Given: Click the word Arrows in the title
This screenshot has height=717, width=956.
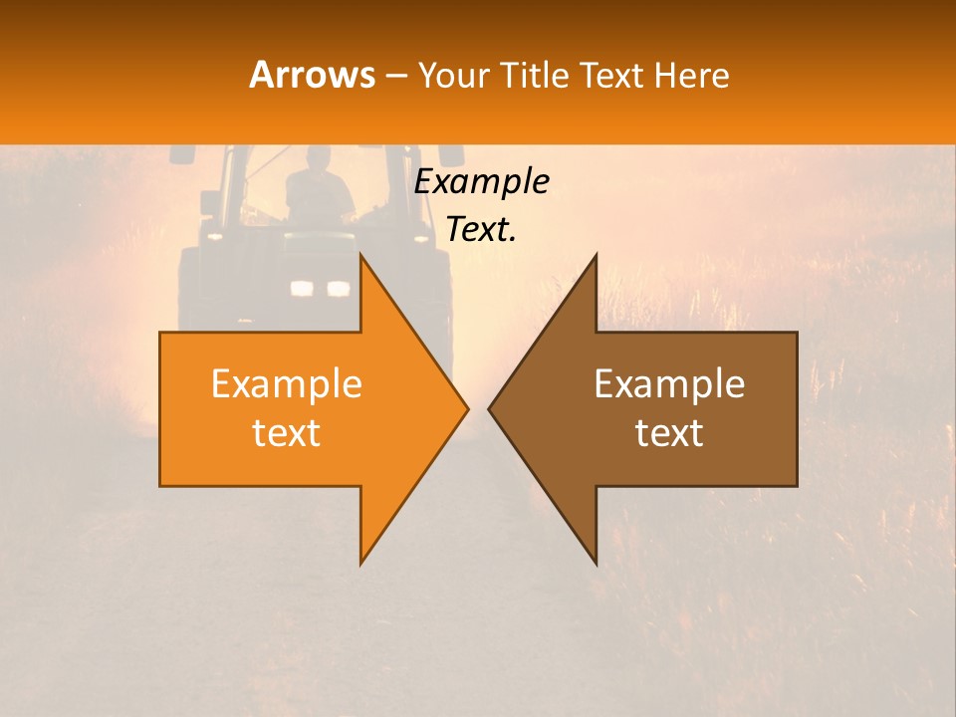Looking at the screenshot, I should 313,75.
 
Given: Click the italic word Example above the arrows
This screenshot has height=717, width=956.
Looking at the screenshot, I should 481,182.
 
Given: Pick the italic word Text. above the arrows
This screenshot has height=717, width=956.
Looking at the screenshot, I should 481,230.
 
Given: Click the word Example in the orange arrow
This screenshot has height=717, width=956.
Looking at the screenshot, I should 287,384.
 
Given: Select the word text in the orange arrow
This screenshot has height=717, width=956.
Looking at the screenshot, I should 287,433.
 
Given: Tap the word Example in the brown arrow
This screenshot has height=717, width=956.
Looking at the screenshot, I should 669,384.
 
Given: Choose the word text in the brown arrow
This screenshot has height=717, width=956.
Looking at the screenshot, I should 669,433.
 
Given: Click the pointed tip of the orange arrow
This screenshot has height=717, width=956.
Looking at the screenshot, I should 466,408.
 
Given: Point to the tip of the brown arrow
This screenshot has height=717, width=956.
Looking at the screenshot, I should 490,408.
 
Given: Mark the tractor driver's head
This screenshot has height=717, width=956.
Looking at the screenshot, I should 318,159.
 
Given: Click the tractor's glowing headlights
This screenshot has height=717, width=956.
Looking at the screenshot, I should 320,289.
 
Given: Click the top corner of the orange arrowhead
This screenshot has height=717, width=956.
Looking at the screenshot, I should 360,256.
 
